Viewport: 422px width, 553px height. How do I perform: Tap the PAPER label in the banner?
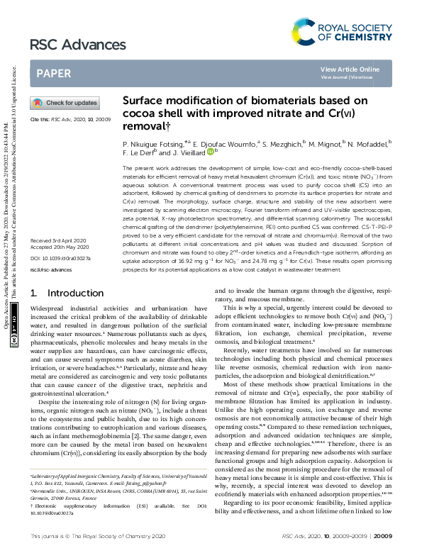pyautogui.click(x=53, y=73)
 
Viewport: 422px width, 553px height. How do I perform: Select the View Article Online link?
pyautogui.click(x=350, y=69)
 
